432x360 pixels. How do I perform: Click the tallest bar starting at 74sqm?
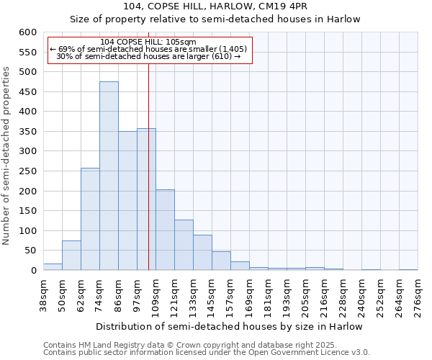(x=109, y=176)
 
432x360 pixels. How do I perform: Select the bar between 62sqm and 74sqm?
(x=90, y=220)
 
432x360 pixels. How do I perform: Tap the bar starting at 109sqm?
(x=165, y=230)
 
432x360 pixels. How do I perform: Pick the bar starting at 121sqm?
(x=184, y=246)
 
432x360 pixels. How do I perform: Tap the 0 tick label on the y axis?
(x=33, y=271)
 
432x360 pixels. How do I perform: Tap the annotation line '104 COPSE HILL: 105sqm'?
(x=148, y=42)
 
